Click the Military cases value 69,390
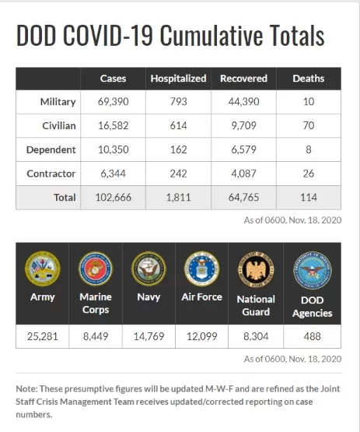pos(113,102)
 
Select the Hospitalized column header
pos(178,79)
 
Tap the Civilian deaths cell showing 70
pos(309,125)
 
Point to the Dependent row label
pos(51,150)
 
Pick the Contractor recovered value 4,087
pos(244,174)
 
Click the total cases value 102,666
pos(113,198)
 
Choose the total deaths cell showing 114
pos(309,198)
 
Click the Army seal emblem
pos(43,269)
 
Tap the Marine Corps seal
pos(96,269)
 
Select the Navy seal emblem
pos(149,269)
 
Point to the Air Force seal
pos(201,269)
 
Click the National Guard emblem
pos(256,269)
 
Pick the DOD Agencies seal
pos(313,270)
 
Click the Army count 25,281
pos(43,336)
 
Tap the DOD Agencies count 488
pos(313,336)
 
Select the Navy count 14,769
pos(149,336)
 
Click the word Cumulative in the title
pos(211,36)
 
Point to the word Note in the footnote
pos(26,388)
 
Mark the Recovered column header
pos(243,79)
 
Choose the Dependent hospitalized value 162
pos(178,149)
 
